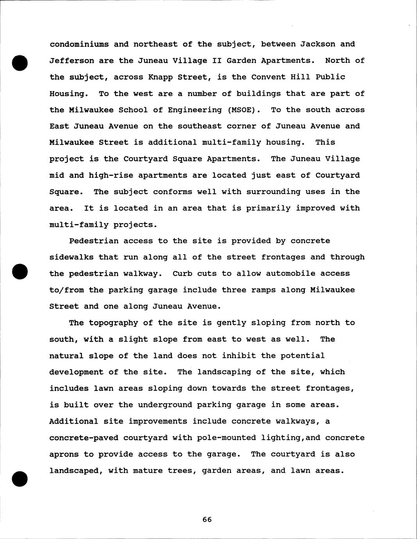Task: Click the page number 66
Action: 207,519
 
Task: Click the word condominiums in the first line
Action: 79,44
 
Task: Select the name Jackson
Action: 318,44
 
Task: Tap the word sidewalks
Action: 72,257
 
